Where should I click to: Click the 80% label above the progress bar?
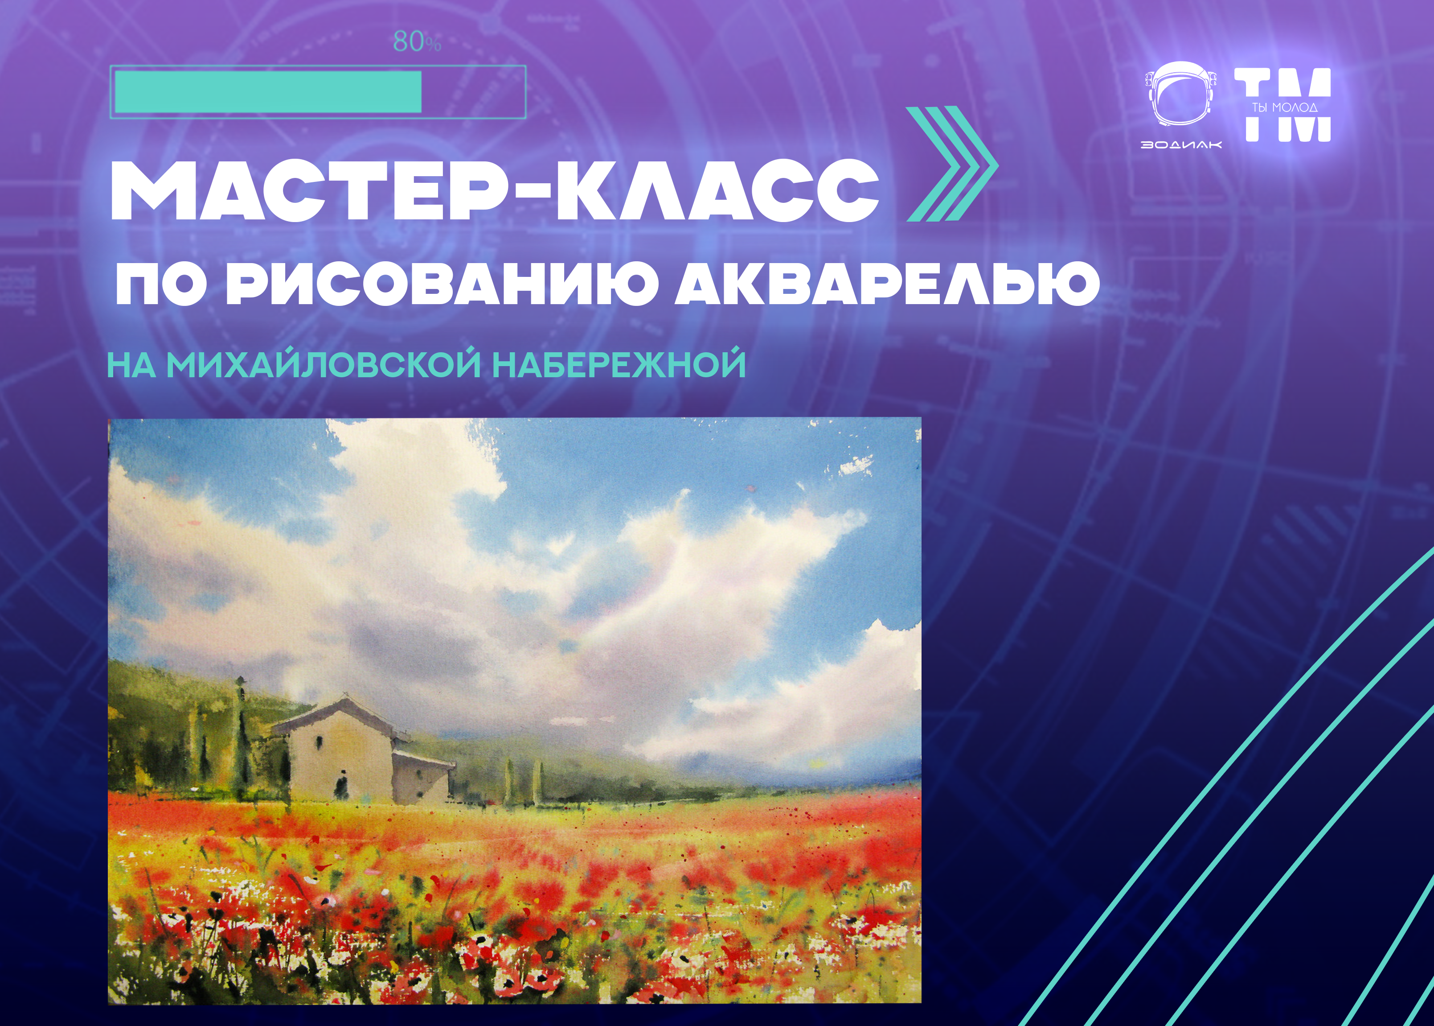click(417, 42)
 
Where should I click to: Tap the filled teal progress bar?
click(268, 91)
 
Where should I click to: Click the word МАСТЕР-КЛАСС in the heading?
click(495, 190)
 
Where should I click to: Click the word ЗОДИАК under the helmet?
click(1181, 144)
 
